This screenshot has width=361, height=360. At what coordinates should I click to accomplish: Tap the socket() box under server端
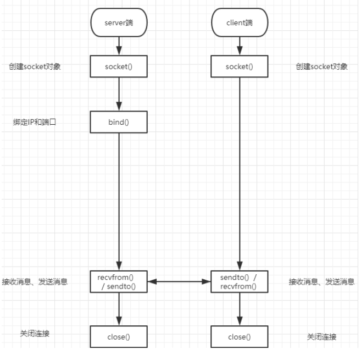click(x=119, y=67)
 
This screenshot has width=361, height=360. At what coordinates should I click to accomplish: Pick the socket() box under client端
click(x=239, y=67)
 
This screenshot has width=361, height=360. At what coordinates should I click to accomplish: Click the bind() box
click(x=119, y=121)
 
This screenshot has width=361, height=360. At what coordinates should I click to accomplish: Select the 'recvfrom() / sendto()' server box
click(x=119, y=281)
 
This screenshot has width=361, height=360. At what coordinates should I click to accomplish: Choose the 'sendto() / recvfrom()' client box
click(x=239, y=281)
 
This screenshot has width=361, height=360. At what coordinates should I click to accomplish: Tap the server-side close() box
click(x=119, y=337)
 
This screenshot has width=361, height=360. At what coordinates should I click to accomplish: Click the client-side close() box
click(x=239, y=337)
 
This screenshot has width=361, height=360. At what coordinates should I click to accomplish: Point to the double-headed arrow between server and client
click(x=179, y=281)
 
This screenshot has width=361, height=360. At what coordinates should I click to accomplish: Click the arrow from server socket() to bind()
click(x=119, y=94)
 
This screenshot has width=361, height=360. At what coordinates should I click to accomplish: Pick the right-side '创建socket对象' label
click(x=321, y=67)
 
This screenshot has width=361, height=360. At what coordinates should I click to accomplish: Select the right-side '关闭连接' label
click(x=321, y=337)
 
